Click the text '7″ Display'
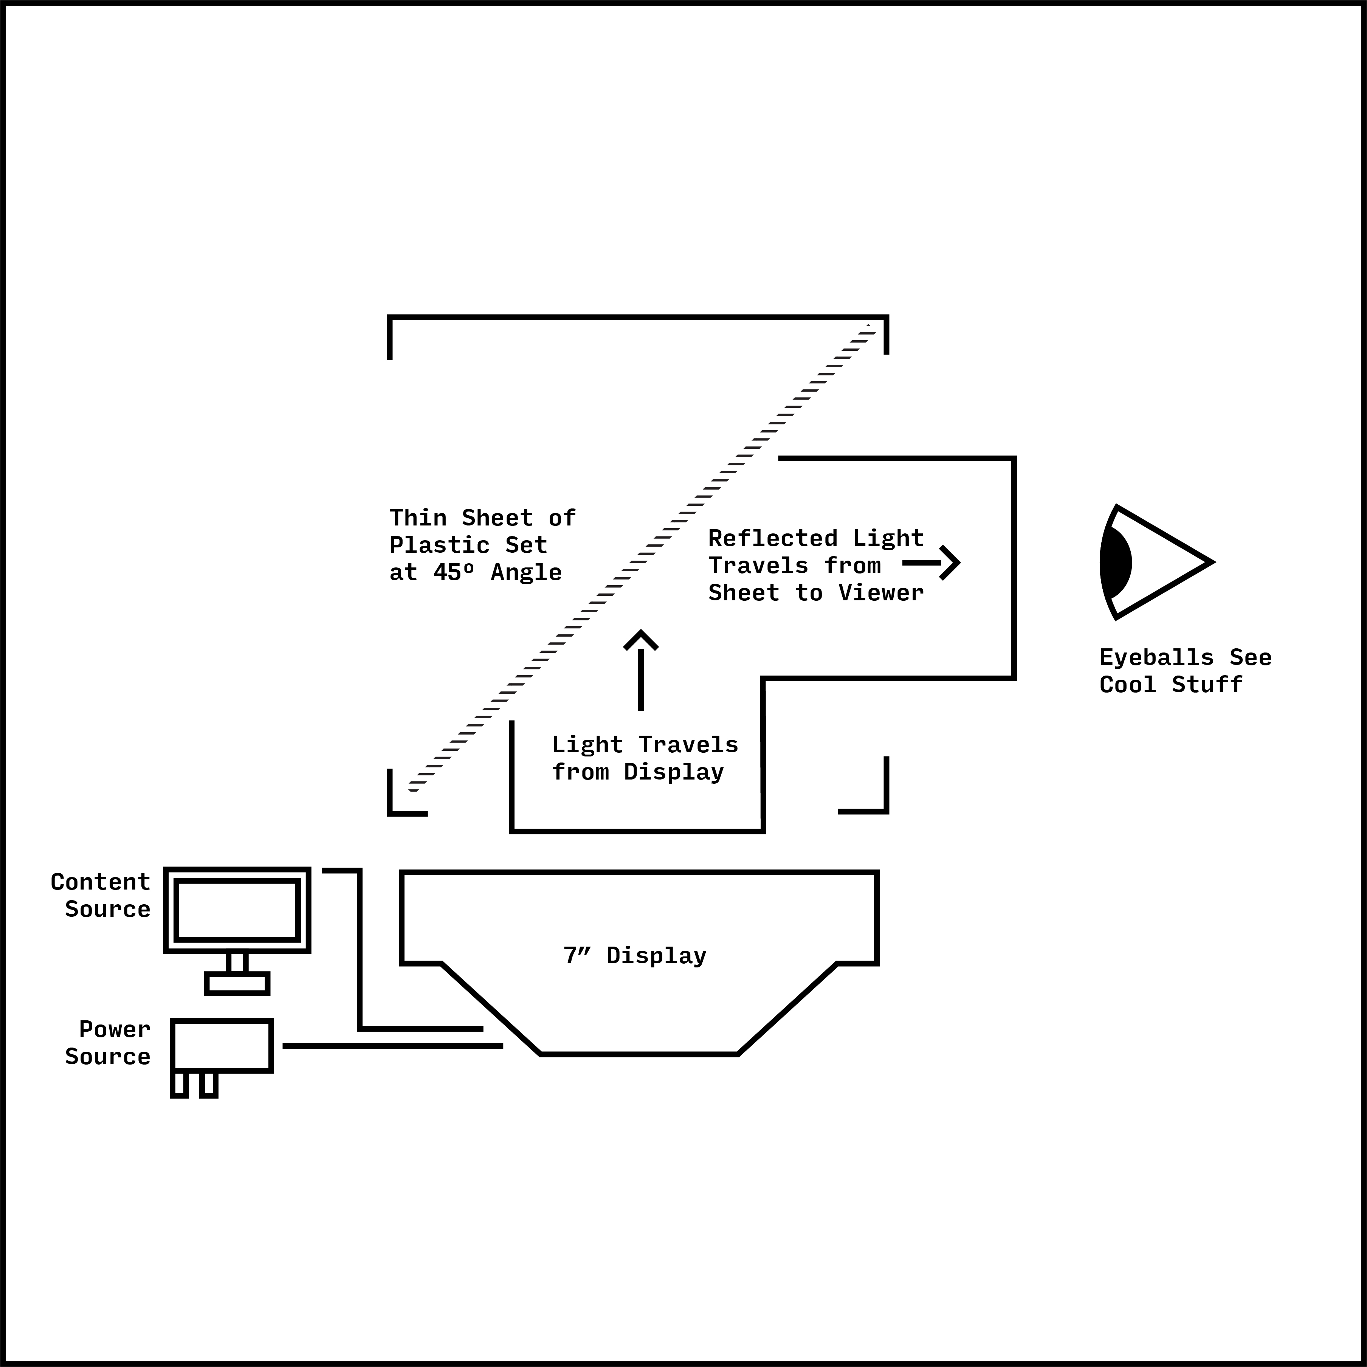[x=635, y=956]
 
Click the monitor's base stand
[x=237, y=984]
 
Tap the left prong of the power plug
[x=180, y=1084]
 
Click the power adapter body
[x=222, y=1045]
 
